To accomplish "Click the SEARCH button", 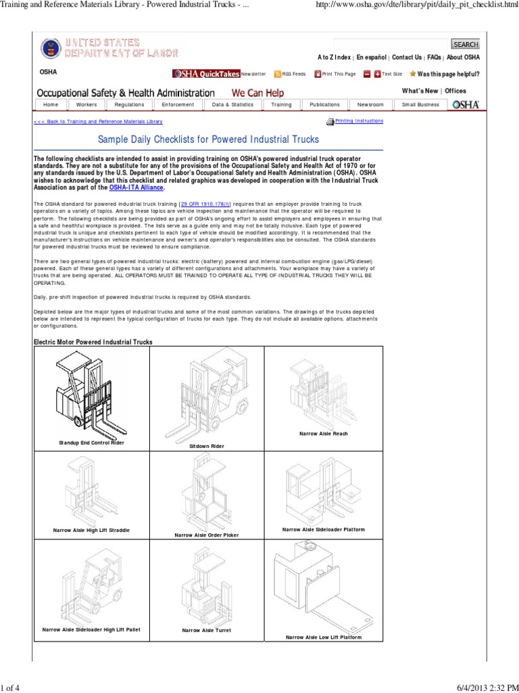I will pos(466,44).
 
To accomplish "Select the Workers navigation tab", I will pos(86,105).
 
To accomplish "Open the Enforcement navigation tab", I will pos(178,105).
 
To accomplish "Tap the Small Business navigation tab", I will pos(420,105).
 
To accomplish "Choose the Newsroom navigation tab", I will pos(370,105).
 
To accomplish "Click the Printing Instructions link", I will pos(359,121).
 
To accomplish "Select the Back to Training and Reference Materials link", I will pos(98,122).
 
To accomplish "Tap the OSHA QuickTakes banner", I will pos(206,74).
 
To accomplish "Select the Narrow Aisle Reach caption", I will pos(323,432).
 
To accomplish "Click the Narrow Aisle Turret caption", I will pos(207,630).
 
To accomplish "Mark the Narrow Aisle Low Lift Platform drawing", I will pos(323,589).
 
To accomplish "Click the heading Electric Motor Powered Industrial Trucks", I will pos(93,342).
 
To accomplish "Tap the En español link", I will pos(372,58).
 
